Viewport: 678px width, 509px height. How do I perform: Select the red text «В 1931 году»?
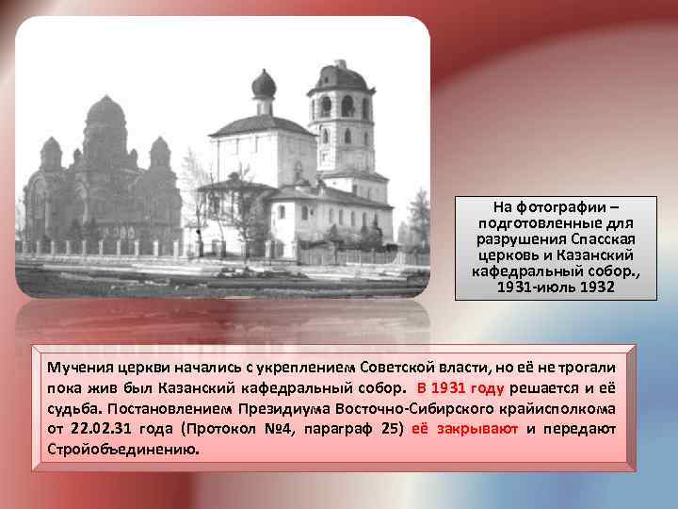point(461,388)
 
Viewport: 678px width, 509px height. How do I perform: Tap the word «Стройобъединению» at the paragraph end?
point(123,450)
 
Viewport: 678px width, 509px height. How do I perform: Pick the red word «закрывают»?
point(467,429)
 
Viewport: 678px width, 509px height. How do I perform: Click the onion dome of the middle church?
point(264,85)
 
